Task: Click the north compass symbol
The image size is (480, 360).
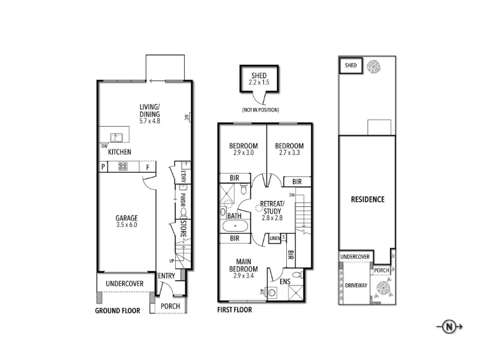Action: tap(449, 327)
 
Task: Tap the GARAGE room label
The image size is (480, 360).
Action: tap(127, 218)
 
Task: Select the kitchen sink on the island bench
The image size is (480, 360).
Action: tap(116, 137)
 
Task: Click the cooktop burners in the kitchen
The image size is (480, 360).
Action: tap(123, 167)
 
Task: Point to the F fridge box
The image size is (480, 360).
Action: tap(148, 167)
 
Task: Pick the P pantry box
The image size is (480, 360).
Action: tap(103, 167)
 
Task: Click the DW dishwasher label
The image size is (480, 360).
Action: tap(104, 146)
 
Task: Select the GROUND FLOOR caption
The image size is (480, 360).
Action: tap(118, 311)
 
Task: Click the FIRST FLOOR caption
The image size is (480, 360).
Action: tap(235, 310)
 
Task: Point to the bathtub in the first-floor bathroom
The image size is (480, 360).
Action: tap(235, 226)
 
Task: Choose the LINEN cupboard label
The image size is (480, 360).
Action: tap(275, 238)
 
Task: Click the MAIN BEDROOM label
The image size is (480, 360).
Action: tap(244, 265)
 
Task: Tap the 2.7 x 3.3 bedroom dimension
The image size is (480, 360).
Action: tap(289, 152)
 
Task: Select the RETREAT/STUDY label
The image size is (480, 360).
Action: tap(272, 207)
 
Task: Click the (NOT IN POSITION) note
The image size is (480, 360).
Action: tap(260, 110)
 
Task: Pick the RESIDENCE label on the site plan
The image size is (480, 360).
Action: tap(368, 200)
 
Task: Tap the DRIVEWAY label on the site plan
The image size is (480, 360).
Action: tap(356, 286)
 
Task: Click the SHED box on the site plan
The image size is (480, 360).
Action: tap(351, 65)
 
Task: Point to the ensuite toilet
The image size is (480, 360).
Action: tap(298, 275)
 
